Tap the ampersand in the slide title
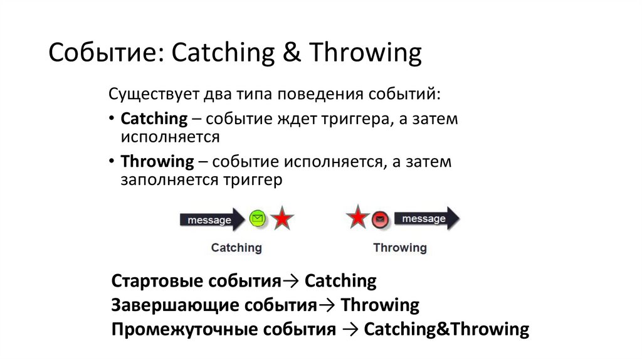pos(290,54)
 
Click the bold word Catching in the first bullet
pos(154,119)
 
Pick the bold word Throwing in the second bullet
pos(157,161)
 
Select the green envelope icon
pos(256,219)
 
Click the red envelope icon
pos(380,220)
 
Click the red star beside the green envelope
pos(282,219)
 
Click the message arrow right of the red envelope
pos(426,219)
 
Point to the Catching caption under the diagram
pos(236,248)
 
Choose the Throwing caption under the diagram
pos(399,248)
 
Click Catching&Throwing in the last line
pos(446,329)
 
